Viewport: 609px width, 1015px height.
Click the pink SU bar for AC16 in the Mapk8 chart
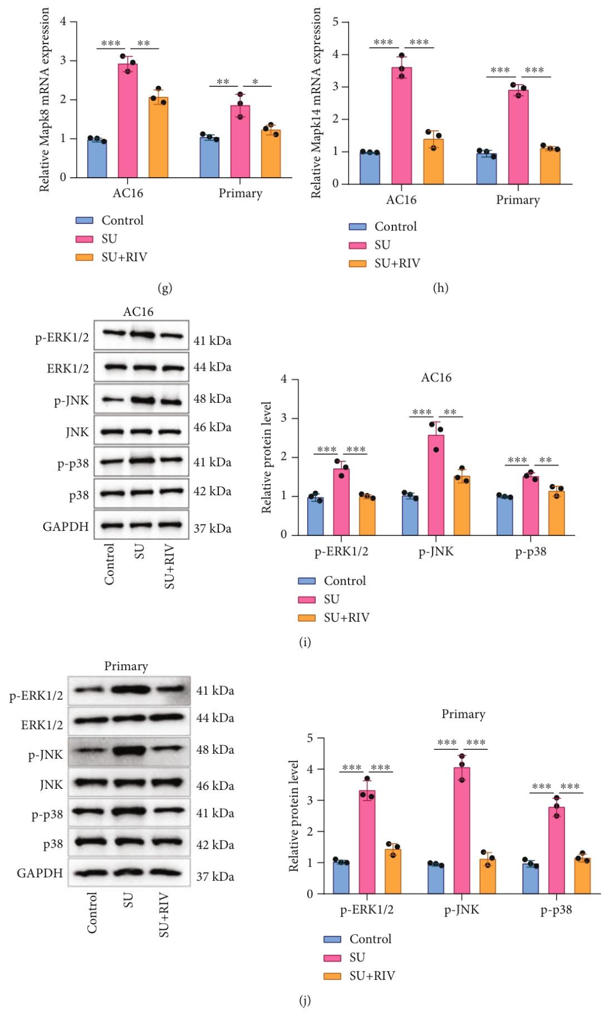127,121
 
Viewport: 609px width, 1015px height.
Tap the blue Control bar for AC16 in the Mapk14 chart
370,168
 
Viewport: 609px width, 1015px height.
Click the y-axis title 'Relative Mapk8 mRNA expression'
44,100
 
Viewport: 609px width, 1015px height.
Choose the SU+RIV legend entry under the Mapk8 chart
123,257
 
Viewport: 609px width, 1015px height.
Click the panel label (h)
440,288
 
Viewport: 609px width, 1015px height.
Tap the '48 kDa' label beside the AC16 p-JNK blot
212,399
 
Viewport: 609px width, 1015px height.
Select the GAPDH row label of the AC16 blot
65,526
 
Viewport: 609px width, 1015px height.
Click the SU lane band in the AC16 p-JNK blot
142,401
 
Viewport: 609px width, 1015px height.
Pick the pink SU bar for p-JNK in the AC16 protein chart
436,485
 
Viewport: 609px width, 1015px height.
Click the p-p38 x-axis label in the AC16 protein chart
531,552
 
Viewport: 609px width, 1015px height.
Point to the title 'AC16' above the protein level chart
436,377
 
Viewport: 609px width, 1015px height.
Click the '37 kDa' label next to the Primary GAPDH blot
215,876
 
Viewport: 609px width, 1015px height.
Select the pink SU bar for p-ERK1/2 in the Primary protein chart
367,842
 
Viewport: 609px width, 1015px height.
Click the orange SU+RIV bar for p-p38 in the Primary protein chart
582,876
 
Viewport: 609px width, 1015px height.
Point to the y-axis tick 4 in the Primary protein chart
310,769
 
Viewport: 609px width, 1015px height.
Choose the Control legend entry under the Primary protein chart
370,939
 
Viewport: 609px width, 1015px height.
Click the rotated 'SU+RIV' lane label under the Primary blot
164,915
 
